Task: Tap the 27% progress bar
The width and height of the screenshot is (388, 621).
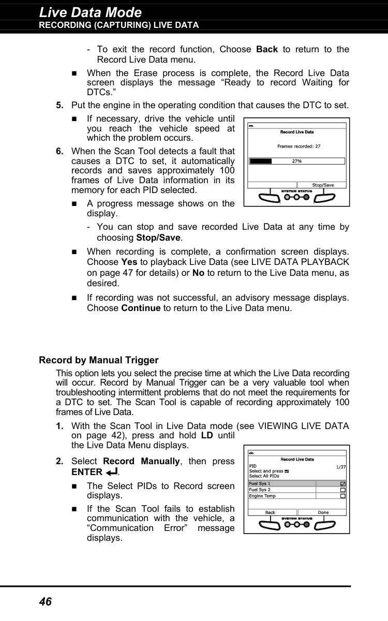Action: click(x=296, y=161)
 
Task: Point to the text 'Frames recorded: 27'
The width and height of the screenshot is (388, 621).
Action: click(x=299, y=146)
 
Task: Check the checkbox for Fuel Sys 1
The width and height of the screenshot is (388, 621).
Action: click(x=343, y=484)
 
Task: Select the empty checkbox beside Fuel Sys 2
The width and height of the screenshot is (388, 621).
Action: click(x=343, y=490)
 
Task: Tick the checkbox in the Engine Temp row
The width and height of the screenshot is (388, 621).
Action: click(x=343, y=496)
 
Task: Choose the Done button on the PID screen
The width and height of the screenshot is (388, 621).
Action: click(x=323, y=512)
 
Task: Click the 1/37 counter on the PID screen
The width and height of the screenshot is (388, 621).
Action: click(x=341, y=467)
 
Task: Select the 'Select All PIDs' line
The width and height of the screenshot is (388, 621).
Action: click(x=264, y=476)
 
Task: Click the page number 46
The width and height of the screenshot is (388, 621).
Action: click(x=46, y=601)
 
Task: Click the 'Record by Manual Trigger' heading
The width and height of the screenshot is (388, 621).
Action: click(x=99, y=360)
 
